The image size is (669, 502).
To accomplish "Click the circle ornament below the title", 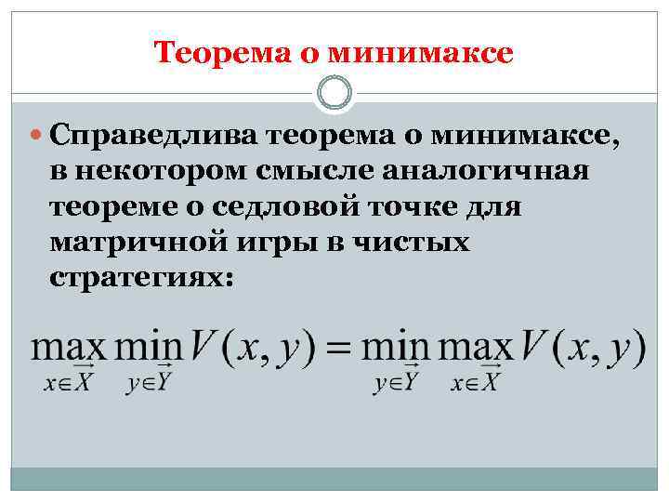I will pyautogui.click(x=334, y=92).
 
